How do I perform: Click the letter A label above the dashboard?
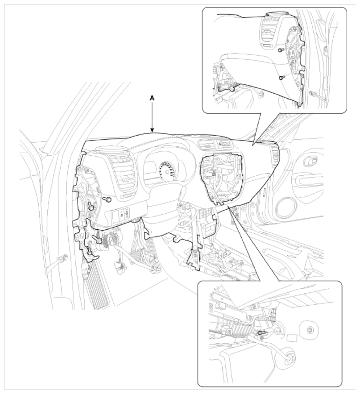click(152, 99)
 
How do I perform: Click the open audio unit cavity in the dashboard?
click(221, 179)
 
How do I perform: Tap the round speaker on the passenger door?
click(287, 208)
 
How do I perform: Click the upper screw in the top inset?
click(281, 50)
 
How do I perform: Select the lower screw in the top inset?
click(281, 78)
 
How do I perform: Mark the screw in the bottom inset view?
click(262, 333)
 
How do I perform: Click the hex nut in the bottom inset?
click(309, 329)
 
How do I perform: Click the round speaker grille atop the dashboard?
click(112, 149)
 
